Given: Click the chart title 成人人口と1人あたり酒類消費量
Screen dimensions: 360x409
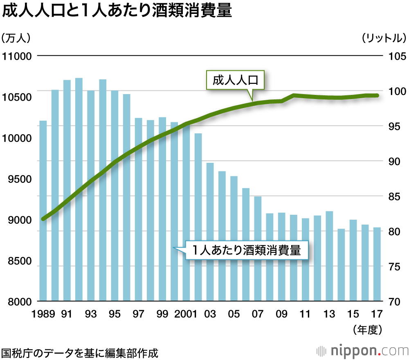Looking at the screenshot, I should [x=117, y=12].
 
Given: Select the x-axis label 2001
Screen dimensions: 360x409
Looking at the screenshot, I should [x=185, y=314].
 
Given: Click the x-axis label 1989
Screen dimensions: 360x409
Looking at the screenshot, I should [x=43, y=314].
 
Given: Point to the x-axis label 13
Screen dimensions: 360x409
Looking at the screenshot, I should [x=329, y=314].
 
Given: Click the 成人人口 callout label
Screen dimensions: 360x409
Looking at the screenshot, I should [x=235, y=80].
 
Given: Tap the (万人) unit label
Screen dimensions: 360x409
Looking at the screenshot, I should [x=16, y=38].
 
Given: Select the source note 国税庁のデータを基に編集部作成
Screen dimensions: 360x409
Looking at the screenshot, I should [x=79, y=352].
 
